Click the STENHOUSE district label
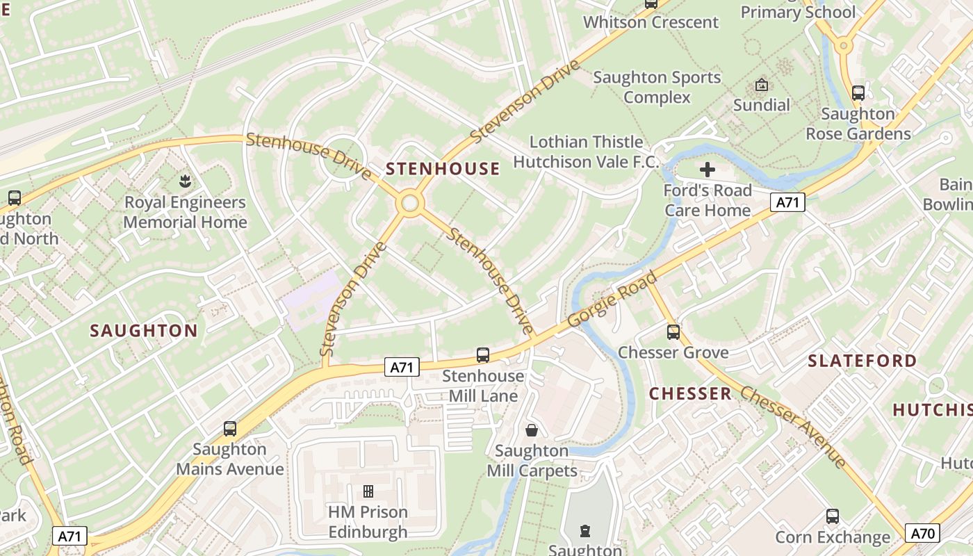[x=443, y=169]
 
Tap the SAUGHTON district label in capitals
[x=144, y=331]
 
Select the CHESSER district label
[x=690, y=394]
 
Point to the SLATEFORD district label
[x=862, y=361]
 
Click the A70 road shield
[x=923, y=533]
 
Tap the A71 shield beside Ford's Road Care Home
[x=787, y=202]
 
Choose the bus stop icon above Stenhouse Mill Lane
[x=483, y=355]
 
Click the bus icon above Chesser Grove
[x=673, y=332]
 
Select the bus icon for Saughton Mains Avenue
[x=230, y=429]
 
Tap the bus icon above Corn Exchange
[x=832, y=516]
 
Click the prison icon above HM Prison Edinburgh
[x=368, y=491]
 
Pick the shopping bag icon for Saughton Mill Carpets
[x=532, y=430]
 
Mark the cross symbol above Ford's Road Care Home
[x=708, y=170]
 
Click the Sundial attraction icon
[x=762, y=85]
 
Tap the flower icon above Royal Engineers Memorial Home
[x=185, y=182]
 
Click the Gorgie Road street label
[x=612, y=300]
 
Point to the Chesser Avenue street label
[x=793, y=427]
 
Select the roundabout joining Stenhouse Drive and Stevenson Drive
[x=410, y=204]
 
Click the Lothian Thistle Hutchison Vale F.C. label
[x=586, y=152]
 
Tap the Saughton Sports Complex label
[x=657, y=88]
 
